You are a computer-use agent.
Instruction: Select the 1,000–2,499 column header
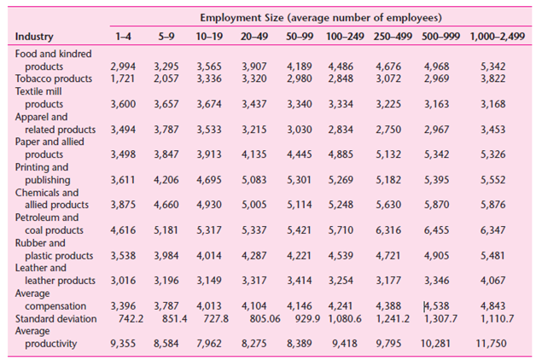[x=497, y=38]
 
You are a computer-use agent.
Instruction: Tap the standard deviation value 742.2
[x=129, y=318]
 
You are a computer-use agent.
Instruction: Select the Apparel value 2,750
[x=393, y=130]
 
